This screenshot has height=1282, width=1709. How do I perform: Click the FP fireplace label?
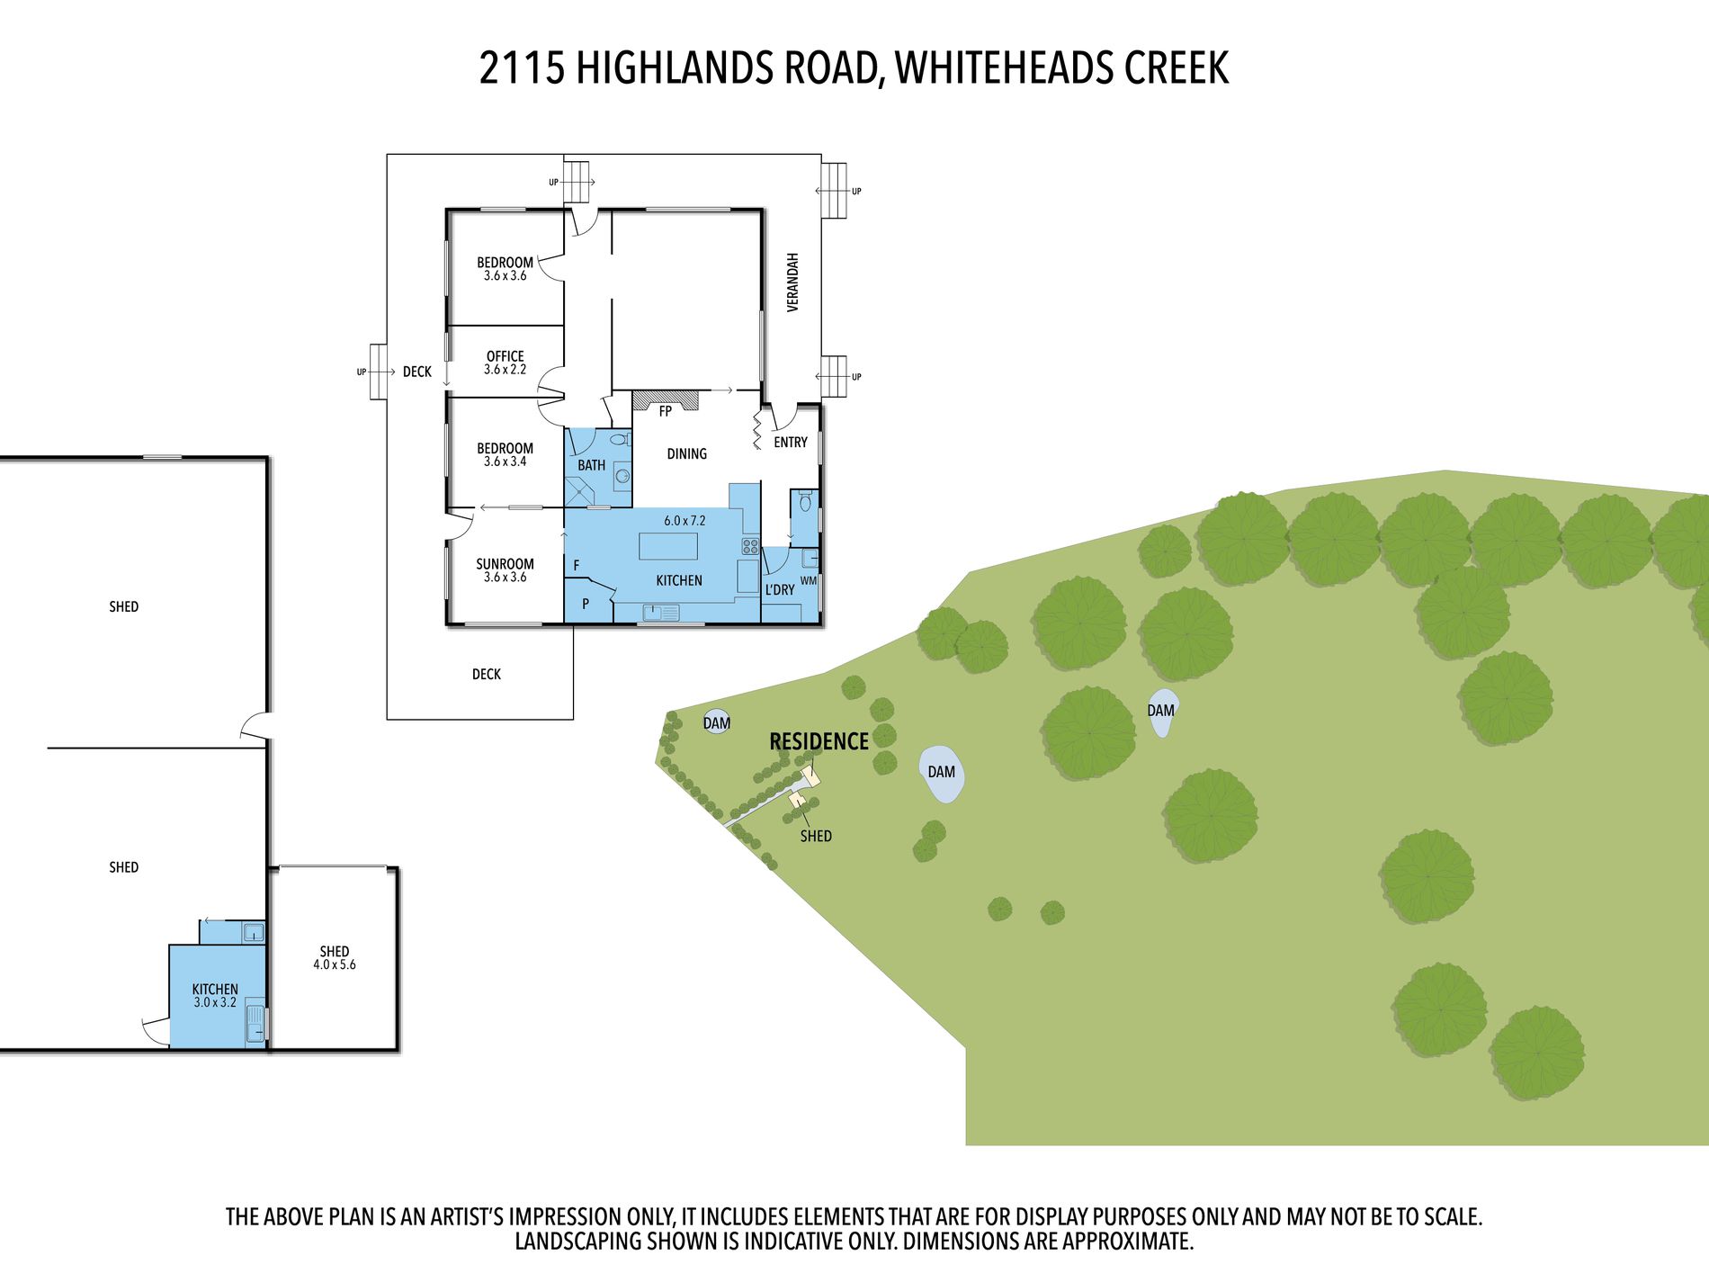pyautogui.click(x=666, y=411)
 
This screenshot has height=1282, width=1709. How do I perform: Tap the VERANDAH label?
pyautogui.click(x=792, y=282)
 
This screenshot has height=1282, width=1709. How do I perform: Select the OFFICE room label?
pyautogui.click(x=505, y=356)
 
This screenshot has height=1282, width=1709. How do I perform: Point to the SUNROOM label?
pyautogui.click(x=505, y=564)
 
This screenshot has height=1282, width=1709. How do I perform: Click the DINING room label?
pyautogui.click(x=686, y=453)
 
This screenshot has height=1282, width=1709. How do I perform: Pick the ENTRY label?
pyautogui.click(x=791, y=442)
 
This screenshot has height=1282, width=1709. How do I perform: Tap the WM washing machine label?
pyautogui.click(x=809, y=580)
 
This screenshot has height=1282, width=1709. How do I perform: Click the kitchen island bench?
pyautogui.click(x=668, y=546)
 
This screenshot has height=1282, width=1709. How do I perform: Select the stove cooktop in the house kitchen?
pyautogui.click(x=749, y=545)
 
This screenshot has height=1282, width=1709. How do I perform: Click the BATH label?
pyautogui.click(x=591, y=465)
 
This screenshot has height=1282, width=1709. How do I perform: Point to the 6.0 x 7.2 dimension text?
pyautogui.click(x=684, y=520)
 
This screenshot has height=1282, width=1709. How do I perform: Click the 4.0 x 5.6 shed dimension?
pyautogui.click(x=335, y=964)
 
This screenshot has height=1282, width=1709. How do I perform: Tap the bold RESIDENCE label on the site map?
pyautogui.click(x=819, y=741)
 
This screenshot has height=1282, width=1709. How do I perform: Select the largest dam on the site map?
pyautogui.click(x=942, y=773)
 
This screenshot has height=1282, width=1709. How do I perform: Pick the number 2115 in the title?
pyautogui.click(x=522, y=67)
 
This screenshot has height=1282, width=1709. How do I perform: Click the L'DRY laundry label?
pyautogui.click(x=780, y=589)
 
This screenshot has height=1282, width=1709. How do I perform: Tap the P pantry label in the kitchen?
pyautogui.click(x=586, y=604)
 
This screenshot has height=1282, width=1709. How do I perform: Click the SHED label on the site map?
pyautogui.click(x=816, y=836)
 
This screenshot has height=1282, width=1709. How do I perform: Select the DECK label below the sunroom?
pyautogui.click(x=487, y=674)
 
